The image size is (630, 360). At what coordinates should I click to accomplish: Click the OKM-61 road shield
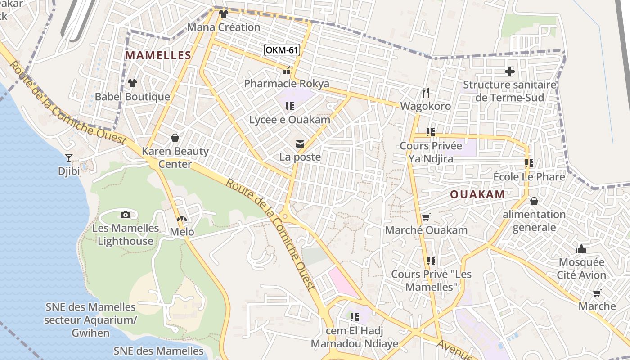pos(282,50)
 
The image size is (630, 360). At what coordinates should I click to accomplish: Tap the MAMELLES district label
pos(158,55)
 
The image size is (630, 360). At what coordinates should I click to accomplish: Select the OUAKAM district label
pos(477,194)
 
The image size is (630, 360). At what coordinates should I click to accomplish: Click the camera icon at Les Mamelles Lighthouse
pos(126,215)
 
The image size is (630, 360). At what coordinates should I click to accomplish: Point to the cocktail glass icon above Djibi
pos(69,158)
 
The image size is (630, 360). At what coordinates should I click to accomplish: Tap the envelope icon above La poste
pos(300,144)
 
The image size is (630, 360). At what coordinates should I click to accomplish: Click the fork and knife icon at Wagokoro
pos(426,93)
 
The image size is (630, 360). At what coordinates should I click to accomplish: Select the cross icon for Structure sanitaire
pos(509,72)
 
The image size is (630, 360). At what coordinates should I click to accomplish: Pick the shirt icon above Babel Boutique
pos(132,83)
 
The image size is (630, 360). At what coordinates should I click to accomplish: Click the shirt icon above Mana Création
pos(224,14)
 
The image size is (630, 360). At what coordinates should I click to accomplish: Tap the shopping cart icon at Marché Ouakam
pos(426,217)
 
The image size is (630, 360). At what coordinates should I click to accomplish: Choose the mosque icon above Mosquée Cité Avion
pos(581,249)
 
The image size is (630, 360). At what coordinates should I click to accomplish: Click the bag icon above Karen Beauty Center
pos(175,138)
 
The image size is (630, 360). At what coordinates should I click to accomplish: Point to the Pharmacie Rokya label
pos(287,84)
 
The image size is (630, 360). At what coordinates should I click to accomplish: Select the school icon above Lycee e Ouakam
pos(290,106)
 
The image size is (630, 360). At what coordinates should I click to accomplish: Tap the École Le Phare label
pos(529,177)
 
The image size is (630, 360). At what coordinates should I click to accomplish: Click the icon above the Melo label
pos(182,219)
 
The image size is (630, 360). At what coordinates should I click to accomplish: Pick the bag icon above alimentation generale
pos(534,201)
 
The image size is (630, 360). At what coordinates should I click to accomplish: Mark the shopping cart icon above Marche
pos(597,293)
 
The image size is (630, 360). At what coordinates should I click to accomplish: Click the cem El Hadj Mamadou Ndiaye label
pos(355,337)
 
